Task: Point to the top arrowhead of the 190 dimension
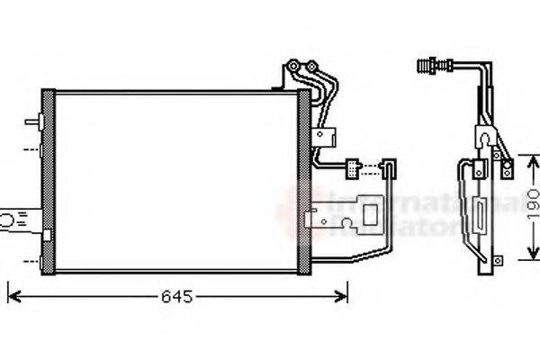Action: coord(519,159)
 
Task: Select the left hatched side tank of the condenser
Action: coord(49,180)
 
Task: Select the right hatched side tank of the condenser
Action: coord(303,180)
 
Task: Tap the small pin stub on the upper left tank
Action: coord(34,120)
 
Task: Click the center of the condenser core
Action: coord(175,180)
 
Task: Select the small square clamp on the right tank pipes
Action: coord(324,135)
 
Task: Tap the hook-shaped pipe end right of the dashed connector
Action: coord(391,168)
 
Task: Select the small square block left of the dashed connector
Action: coord(350,165)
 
